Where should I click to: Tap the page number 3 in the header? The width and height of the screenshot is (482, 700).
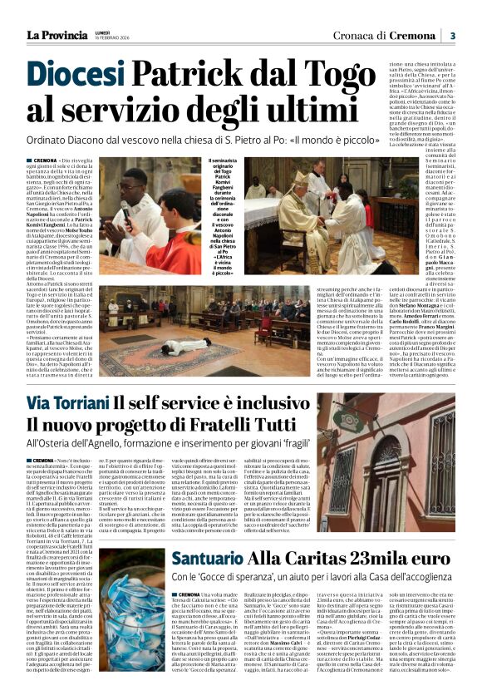pyautogui.click(x=453, y=36)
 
